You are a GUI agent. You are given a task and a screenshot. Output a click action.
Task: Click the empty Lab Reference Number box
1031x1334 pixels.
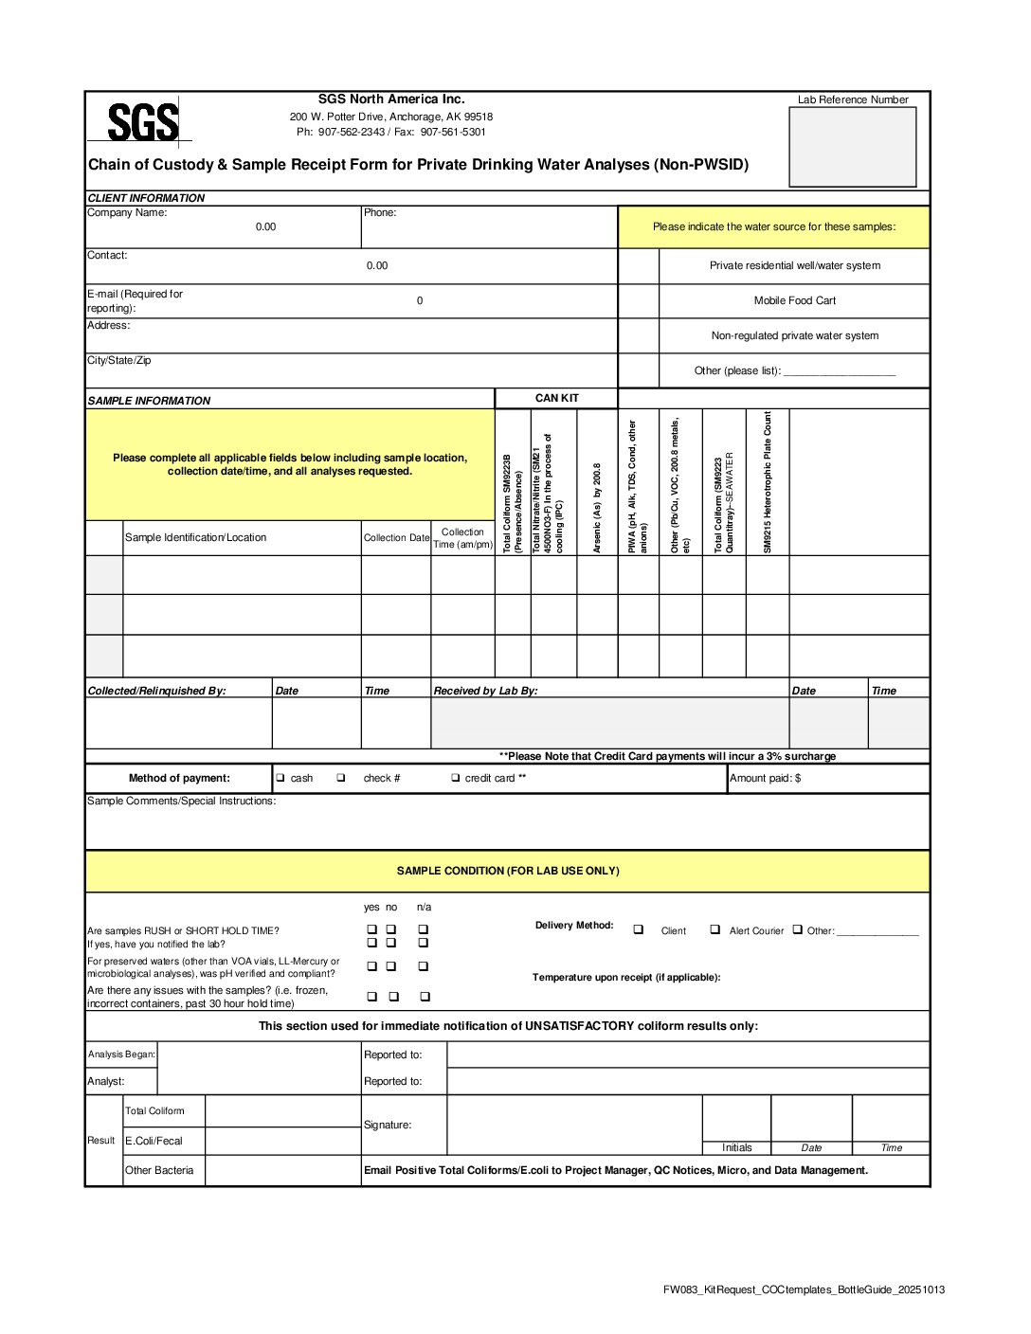(852, 147)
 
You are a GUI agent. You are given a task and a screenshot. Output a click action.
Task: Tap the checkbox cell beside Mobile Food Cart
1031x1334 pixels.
(638, 301)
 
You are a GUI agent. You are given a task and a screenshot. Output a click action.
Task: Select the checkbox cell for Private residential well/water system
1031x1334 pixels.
(638, 266)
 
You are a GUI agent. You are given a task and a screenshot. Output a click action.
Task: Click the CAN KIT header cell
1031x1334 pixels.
(556, 398)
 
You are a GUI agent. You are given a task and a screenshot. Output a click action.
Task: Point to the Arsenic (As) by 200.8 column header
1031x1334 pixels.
(597, 507)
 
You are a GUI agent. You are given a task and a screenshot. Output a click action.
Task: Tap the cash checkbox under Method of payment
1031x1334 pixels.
(280, 778)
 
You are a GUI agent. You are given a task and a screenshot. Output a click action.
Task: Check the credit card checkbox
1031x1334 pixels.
(456, 778)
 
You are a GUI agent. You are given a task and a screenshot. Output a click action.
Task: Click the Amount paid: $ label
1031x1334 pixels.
(765, 778)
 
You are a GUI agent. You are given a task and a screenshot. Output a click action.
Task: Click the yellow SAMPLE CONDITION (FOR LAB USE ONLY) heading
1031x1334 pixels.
(508, 871)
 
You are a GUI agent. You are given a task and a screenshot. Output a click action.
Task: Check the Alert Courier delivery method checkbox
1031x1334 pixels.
(715, 929)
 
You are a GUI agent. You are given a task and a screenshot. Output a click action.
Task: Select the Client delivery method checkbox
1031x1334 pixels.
(638, 929)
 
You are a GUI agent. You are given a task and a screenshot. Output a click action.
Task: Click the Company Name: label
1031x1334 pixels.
(127, 213)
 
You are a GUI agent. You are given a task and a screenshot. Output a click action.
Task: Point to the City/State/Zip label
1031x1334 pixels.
(119, 361)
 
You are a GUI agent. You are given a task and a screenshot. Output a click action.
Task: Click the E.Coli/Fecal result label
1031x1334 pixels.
(154, 1142)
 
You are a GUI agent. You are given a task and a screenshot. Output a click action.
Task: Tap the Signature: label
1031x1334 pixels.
(388, 1125)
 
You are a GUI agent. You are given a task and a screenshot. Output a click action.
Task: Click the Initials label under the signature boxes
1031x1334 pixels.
(736, 1147)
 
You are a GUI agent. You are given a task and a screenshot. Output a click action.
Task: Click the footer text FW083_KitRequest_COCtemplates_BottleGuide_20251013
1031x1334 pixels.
(804, 1289)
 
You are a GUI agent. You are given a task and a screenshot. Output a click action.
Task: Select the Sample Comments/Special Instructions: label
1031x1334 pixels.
(182, 802)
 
